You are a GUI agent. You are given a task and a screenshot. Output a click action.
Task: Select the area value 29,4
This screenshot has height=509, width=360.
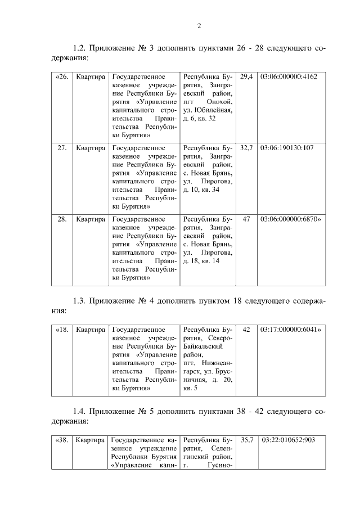(x=246, y=76)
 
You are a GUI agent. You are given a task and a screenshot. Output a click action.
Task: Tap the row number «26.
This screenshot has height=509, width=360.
(x=62, y=76)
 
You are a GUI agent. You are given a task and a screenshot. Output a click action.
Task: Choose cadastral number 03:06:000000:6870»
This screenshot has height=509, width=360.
(x=291, y=219)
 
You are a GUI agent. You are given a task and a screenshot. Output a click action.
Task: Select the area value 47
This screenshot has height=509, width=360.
(x=246, y=219)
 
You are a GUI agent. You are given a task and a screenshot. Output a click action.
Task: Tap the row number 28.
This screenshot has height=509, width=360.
(x=62, y=219)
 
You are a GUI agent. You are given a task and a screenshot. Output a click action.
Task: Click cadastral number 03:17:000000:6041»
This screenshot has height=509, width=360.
(x=291, y=329)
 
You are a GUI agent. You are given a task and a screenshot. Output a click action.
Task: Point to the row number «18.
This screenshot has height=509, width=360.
(x=62, y=329)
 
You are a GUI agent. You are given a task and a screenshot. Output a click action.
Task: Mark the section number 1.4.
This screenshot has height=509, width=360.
(x=79, y=411)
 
